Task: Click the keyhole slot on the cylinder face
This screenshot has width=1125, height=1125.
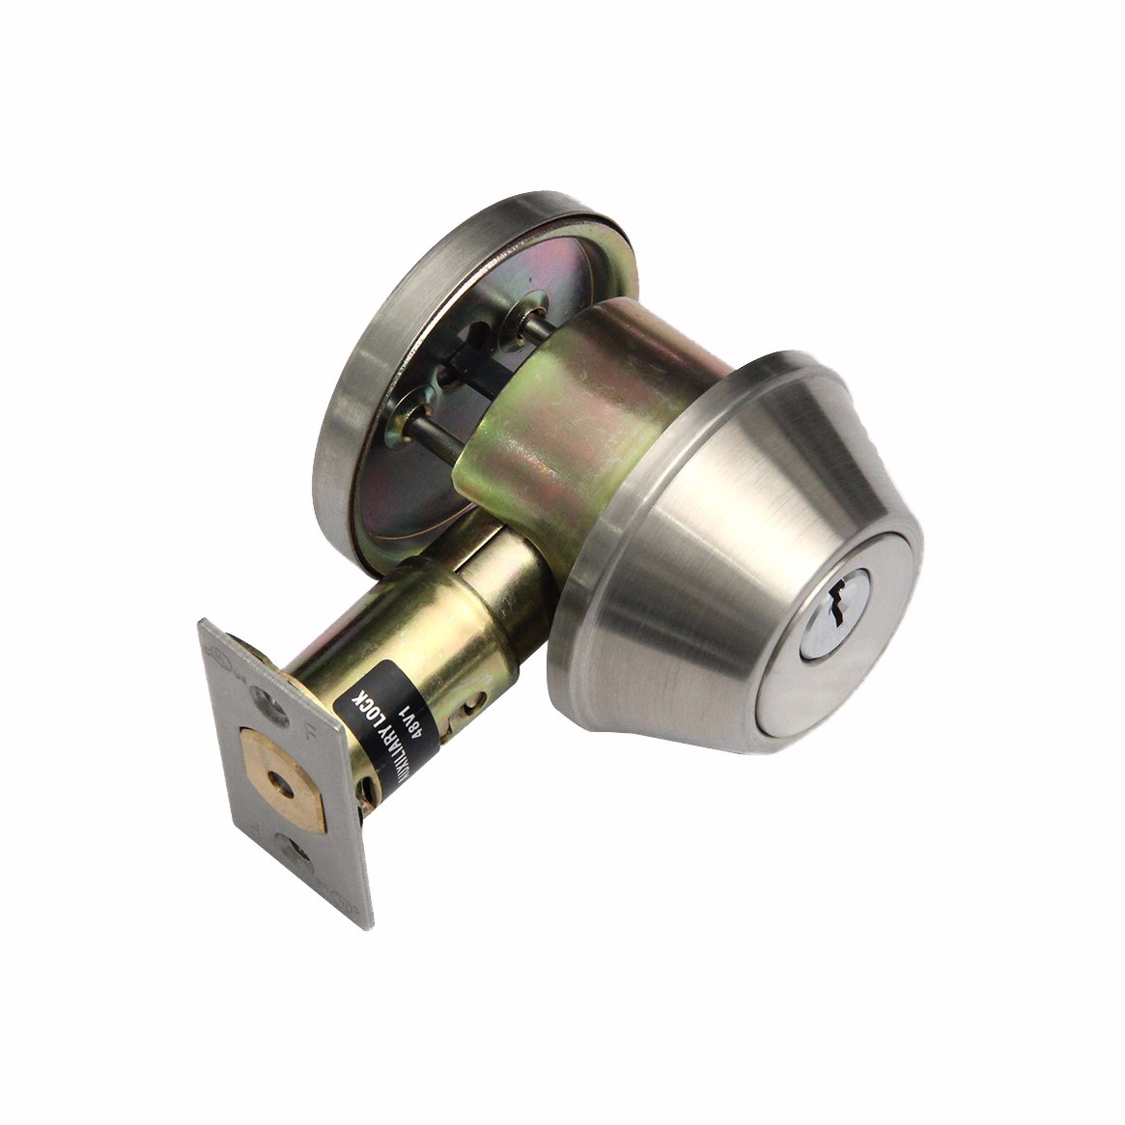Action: click(x=836, y=606)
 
